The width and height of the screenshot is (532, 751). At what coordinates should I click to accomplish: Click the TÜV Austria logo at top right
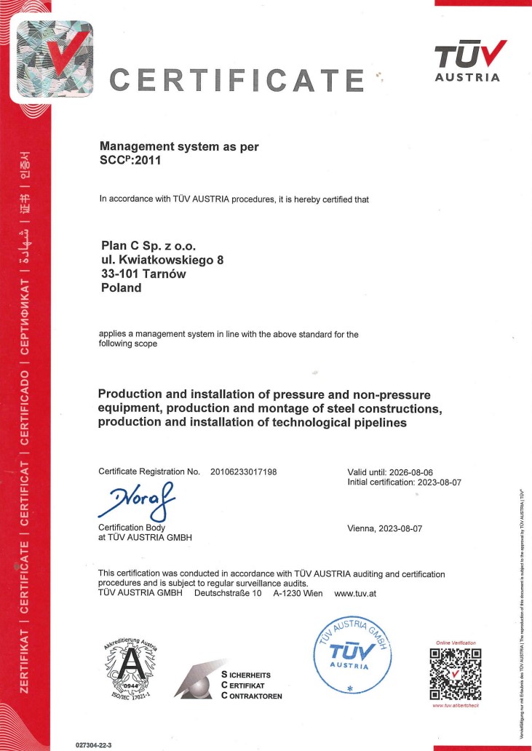(467, 61)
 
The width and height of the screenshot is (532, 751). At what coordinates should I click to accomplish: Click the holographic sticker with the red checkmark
(48, 55)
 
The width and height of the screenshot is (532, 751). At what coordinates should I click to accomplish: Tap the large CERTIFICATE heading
(237, 79)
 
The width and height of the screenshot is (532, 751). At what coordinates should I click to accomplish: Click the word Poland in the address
(122, 287)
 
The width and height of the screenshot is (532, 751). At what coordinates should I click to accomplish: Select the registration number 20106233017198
(243, 472)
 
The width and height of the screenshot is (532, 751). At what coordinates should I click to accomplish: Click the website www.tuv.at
(355, 593)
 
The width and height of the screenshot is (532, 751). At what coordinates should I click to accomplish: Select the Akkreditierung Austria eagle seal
(130, 664)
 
